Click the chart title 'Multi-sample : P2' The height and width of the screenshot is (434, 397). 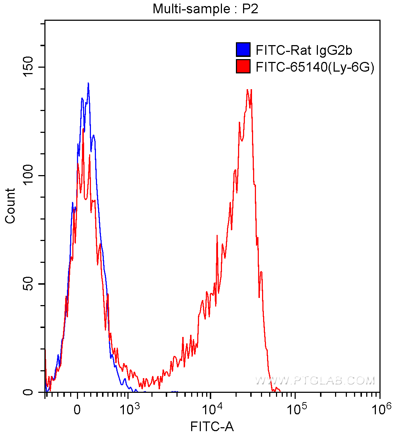(205, 9)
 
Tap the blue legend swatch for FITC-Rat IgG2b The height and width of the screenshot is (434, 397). (243, 50)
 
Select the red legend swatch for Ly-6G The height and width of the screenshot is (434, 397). (243, 67)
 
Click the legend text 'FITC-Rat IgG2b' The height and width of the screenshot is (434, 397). (304, 50)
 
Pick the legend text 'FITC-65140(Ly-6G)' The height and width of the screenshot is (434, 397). (315, 67)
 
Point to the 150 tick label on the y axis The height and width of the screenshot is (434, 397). (28, 67)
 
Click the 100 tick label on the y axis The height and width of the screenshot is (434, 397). (28, 175)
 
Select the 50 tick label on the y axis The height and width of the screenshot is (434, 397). (28, 284)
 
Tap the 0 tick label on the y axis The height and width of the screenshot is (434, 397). (28, 392)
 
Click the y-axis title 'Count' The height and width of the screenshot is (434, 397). (10, 206)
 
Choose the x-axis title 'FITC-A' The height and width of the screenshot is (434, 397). (212, 426)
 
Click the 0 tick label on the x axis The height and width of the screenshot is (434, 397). (77, 410)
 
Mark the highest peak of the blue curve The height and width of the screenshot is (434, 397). (88, 83)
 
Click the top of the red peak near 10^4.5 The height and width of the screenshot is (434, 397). (248, 90)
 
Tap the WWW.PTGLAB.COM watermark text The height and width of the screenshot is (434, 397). (315, 380)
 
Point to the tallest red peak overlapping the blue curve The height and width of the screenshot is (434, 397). (83, 130)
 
